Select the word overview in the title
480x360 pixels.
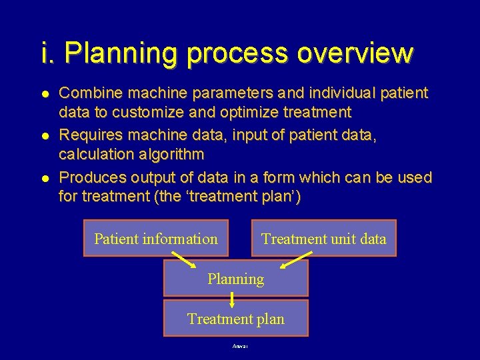tap(355, 53)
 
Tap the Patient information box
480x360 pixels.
tap(156, 239)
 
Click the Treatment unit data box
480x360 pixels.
tap(324, 239)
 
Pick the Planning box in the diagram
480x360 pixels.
tap(236, 279)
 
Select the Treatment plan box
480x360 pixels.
tap(236, 319)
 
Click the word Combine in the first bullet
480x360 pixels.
tap(88, 93)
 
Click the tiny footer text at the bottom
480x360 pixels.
tap(240, 347)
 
